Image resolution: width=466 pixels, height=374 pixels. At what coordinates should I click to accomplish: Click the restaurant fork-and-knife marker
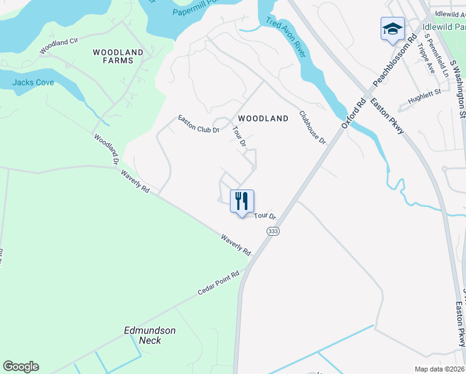point(242,201)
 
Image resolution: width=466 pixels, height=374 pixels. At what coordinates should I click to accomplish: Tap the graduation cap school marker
point(392,29)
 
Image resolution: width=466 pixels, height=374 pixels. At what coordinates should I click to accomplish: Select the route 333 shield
point(272,231)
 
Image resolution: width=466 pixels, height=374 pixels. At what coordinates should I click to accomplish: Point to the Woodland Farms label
point(118,56)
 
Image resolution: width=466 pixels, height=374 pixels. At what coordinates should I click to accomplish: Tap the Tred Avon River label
point(286,39)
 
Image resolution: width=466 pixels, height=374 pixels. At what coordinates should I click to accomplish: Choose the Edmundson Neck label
point(150,335)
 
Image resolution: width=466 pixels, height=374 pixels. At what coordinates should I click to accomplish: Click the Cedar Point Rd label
point(219,284)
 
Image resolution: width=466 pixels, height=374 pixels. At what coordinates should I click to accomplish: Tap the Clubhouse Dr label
point(313,128)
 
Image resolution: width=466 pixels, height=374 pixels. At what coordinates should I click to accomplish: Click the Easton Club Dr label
point(199,124)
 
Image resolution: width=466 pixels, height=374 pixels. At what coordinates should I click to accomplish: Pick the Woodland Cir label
point(59,46)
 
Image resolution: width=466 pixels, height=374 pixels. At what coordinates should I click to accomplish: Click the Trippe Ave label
point(426,58)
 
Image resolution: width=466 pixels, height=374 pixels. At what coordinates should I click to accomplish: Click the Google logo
point(21,367)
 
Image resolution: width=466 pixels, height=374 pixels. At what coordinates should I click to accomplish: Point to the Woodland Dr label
point(106,148)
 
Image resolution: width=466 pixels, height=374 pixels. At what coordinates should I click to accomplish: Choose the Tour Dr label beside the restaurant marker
point(265,216)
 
